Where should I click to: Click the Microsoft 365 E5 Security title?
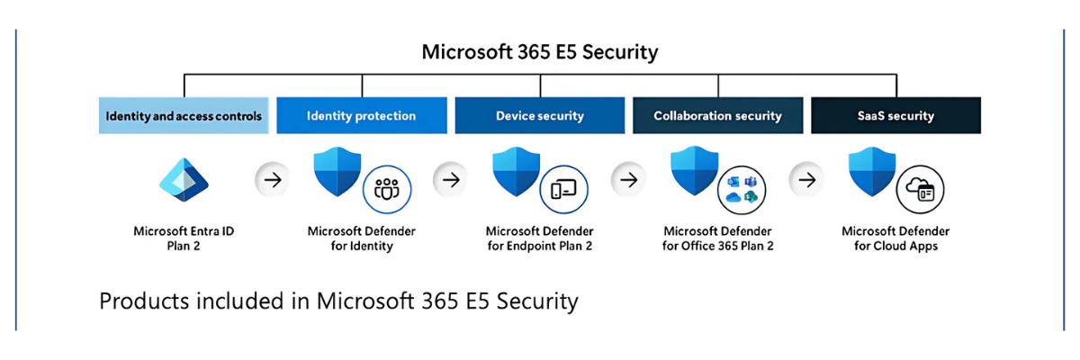tap(540, 52)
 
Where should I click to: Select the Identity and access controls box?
tap(184, 116)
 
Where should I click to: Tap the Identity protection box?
tap(361, 116)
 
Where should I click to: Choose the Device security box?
tap(539, 116)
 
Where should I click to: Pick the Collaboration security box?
tap(717, 116)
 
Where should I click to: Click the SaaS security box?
tap(895, 116)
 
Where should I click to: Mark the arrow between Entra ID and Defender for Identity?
tap(273, 180)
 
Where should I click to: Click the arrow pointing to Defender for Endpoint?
tap(451, 180)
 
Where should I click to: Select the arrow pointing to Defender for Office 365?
tap(629, 180)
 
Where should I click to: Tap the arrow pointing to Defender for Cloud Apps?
tap(807, 180)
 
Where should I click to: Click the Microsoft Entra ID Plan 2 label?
tap(184, 238)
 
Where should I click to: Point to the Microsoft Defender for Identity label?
tap(361, 238)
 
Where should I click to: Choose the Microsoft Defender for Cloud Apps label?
tap(895, 238)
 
